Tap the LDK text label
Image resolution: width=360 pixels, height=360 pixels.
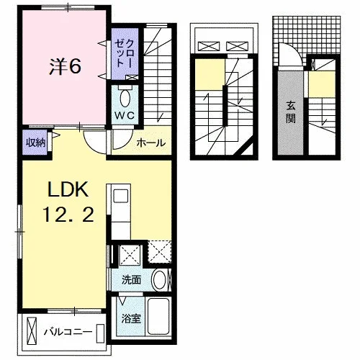pos(68,189)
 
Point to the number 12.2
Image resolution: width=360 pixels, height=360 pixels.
pos(68,215)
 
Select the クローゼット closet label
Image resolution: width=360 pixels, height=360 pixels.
pos(124,53)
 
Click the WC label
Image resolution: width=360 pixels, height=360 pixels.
pos(125,116)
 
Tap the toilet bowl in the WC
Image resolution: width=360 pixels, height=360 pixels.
pos(125,98)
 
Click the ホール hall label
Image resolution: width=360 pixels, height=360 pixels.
pos(151,143)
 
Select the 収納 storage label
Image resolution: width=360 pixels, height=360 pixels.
pos(36,143)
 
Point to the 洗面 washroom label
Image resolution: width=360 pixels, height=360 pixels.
pos(131,280)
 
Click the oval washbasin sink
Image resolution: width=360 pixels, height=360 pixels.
pos(159,280)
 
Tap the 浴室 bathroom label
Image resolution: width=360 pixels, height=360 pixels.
pos(131,318)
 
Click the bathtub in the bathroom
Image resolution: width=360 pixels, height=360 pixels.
pos(158,316)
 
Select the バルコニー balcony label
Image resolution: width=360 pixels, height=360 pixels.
pos(68,332)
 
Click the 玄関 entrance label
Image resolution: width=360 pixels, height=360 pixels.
pos(291,112)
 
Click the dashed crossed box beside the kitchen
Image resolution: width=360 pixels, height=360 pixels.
pos(159,251)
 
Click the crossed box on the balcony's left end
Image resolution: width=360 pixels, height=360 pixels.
pos(32,331)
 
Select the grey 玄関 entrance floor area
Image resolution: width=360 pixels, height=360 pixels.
pos(291,112)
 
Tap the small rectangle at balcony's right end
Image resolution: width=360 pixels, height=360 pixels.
pos(100,333)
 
